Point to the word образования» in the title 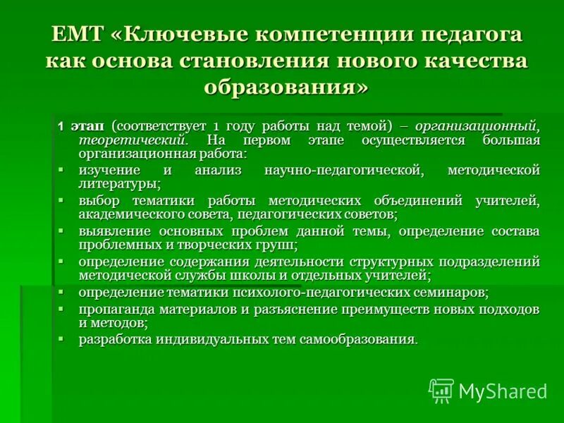[x=286, y=86]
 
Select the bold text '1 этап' [x=80, y=126]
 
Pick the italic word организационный [x=477, y=126]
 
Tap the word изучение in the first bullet [x=109, y=171]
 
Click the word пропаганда [x=113, y=309]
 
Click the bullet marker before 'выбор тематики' [x=61, y=200]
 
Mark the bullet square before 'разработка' [x=61, y=339]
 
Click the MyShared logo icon [x=441, y=390]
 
